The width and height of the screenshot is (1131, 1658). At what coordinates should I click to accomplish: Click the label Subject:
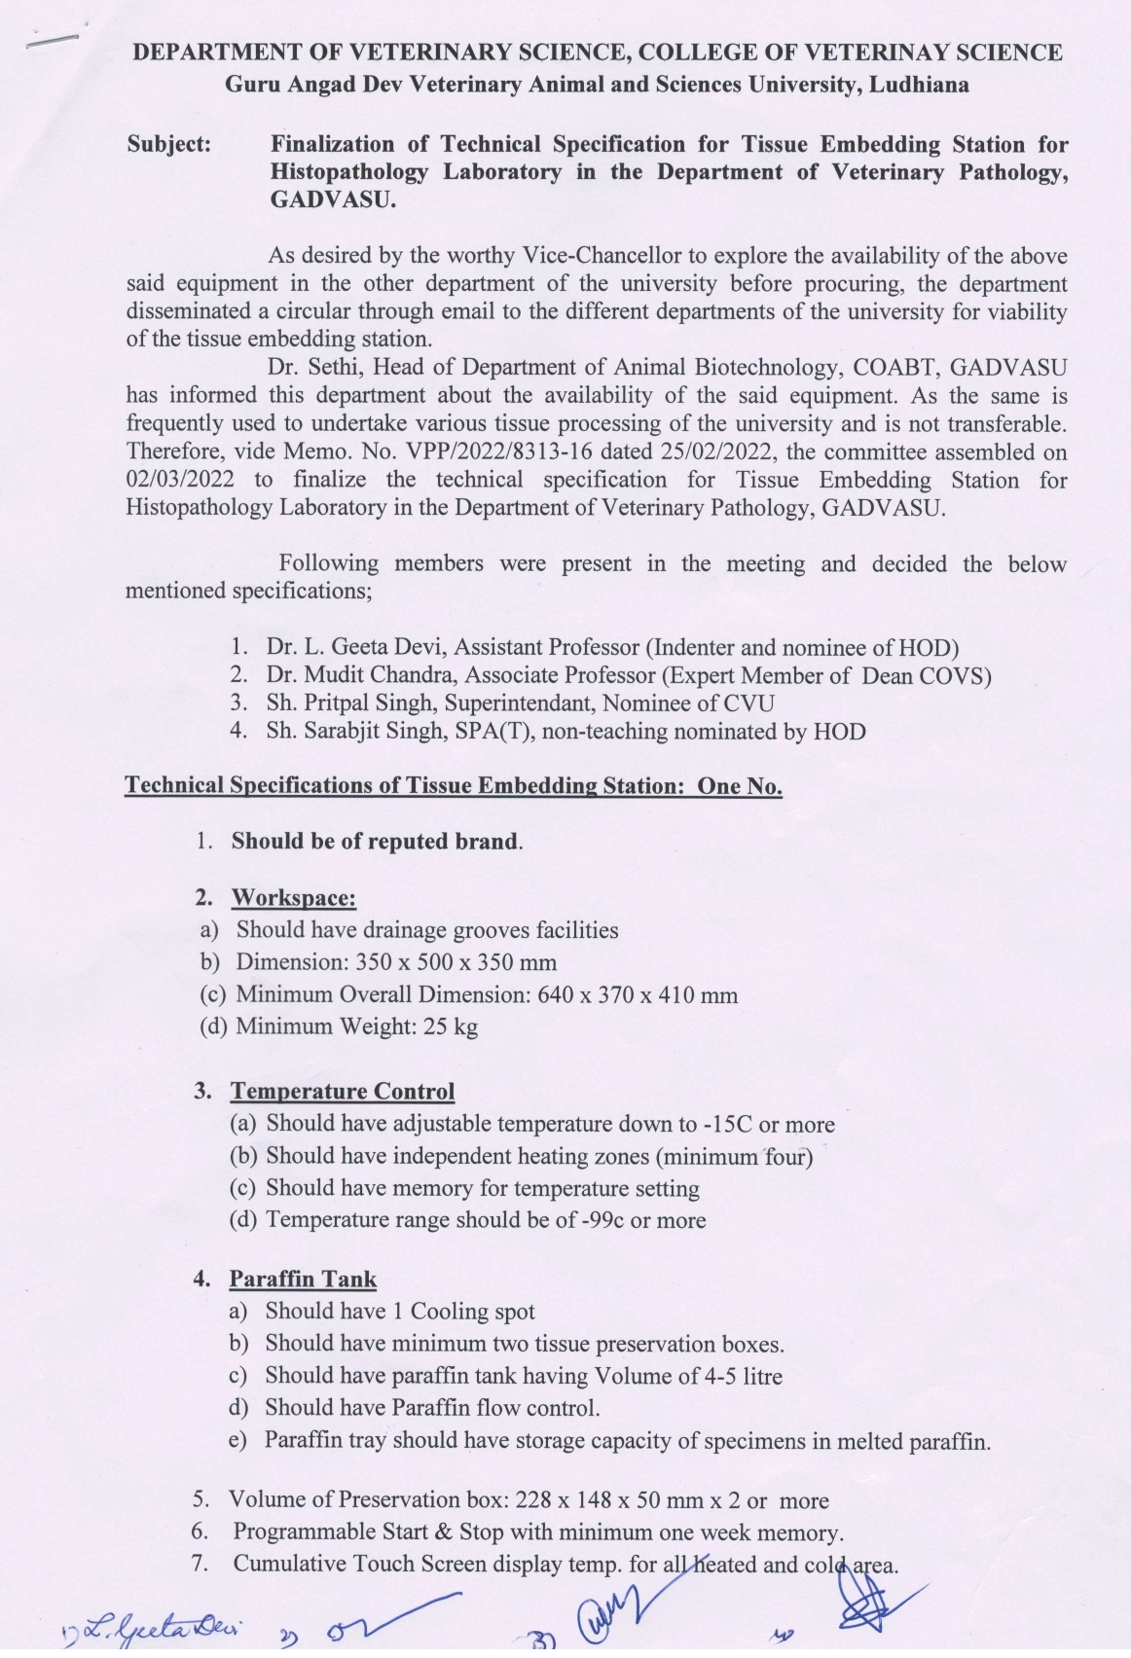(168, 145)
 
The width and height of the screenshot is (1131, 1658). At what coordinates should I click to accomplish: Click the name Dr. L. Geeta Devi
(356, 647)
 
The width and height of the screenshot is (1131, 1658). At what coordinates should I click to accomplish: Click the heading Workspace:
(293, 897)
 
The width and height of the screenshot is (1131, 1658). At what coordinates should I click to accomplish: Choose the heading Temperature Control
(342, 1092)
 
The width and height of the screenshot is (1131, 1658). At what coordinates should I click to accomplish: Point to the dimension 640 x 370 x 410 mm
(638, 995)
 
